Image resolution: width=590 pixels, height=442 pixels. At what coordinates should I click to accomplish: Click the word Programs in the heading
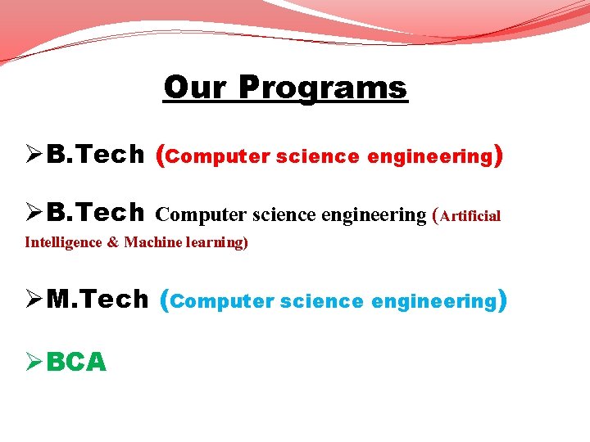[323, 87]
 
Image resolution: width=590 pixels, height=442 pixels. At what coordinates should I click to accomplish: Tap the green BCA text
[76, 361]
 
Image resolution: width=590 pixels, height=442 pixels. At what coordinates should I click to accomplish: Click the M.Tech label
[98, 300]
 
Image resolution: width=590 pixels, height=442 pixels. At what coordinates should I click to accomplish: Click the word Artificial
[470, 216]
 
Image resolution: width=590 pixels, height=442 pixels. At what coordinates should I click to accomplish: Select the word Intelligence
[62, 242]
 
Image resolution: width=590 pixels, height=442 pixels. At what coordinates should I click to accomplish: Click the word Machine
[148, 242]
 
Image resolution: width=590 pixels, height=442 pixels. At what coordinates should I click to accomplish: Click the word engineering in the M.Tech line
[433, 302]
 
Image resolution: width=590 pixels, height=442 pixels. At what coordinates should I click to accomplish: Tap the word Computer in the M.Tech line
[223, 302]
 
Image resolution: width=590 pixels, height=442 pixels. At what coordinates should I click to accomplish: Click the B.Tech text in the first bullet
[95, 156]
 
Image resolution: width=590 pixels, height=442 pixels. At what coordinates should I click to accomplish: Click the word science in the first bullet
[318, 157]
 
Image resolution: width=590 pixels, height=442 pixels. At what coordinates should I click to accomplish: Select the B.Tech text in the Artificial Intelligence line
[95, 214]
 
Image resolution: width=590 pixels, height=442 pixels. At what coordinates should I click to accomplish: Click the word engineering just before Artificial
[374, 215]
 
